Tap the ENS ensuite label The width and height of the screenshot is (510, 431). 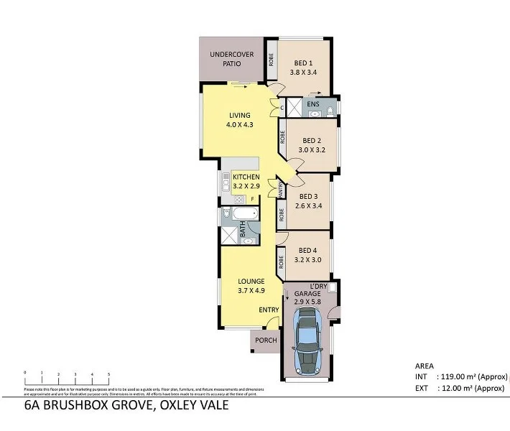pos(312,105)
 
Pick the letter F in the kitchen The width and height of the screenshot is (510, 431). pos(252,198)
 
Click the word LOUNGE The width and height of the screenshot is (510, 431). pos(252,281)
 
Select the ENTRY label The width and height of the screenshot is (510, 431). pos(269,310)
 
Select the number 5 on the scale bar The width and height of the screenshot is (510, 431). pos(108,374)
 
